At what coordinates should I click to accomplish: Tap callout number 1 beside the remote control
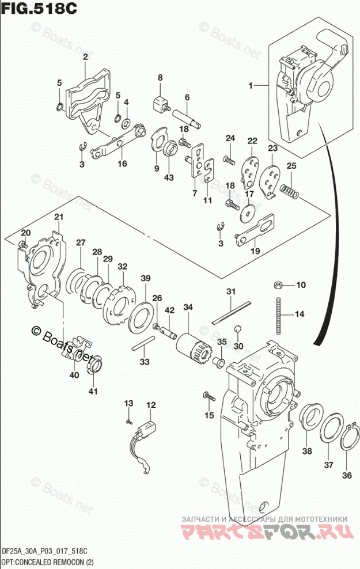(x=251, y=85)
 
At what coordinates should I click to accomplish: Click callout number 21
(x=58, y=217)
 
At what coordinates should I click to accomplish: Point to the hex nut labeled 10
(x=277, y=284)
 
